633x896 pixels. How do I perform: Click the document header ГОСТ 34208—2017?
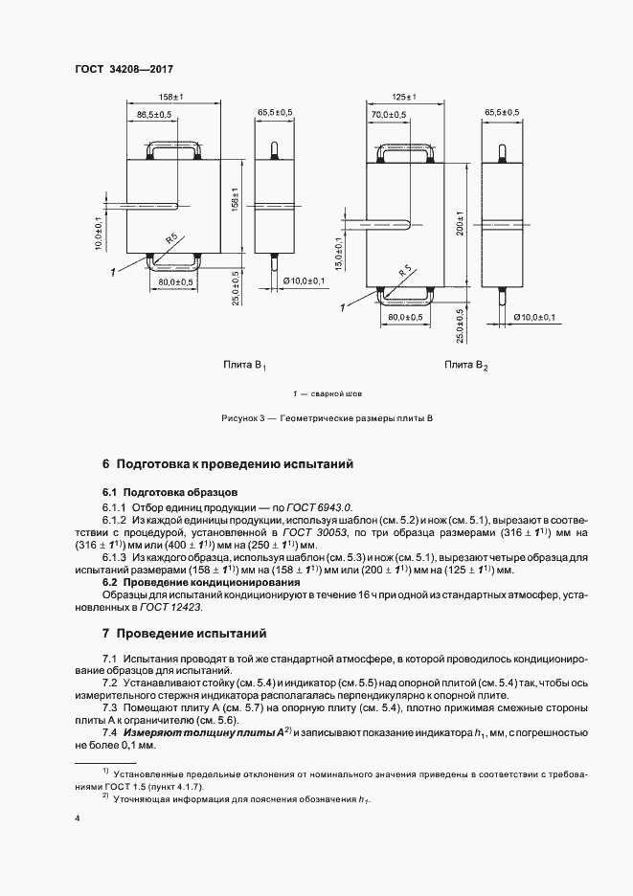[118, 70]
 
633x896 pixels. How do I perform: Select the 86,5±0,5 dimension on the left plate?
[153, 115]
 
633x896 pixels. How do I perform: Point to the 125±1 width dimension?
[403, 98]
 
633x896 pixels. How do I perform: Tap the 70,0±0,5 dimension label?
[390, 115]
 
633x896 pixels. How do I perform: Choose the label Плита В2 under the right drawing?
[466, 365]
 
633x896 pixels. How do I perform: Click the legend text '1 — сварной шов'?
[327, 393]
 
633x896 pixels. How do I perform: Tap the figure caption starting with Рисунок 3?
[327, 419]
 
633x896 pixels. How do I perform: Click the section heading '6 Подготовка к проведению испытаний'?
[228, 464]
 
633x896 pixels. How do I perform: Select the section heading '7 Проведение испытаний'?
[184, 634]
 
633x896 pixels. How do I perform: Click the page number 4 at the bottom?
[77, 819]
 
